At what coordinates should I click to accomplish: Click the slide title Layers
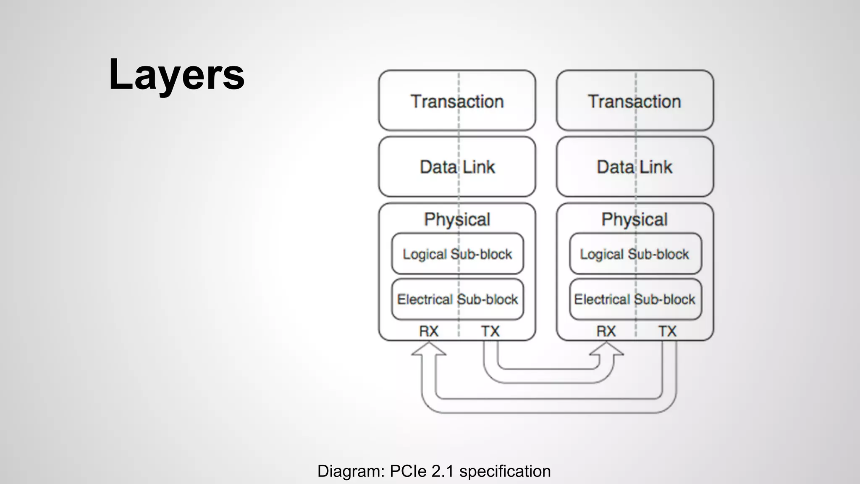[x=176, y=74]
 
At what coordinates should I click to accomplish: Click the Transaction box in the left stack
[x=457, y=101]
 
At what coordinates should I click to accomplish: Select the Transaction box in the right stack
[x=635, y=101]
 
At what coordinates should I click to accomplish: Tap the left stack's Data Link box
[x=457, y=167]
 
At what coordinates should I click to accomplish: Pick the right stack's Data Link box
[x=635, y=167]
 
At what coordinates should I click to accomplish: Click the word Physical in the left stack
[x=457, y=219]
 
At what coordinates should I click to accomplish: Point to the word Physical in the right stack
[x=635, y=219]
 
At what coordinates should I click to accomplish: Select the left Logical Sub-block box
[x=457, y=254]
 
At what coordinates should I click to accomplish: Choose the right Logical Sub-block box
[x=635, y=254]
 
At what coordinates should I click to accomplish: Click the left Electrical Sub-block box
[x=457, y=299]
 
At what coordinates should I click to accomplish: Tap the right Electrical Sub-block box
[x=635, y=299]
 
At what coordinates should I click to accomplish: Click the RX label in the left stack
[x=429, y=331]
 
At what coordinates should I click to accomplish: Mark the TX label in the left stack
[x=490, y=331]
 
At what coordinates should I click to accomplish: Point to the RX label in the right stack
[x=606, y=331]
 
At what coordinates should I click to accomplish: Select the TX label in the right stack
[x=667, y=331]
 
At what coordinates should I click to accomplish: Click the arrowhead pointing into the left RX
[x=429, y=349]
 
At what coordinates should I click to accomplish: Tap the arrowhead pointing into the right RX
[x=606, y=349]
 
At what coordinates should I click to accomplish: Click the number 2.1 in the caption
[x=443, y=471]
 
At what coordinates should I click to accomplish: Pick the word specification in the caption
[x=505, y=471]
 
